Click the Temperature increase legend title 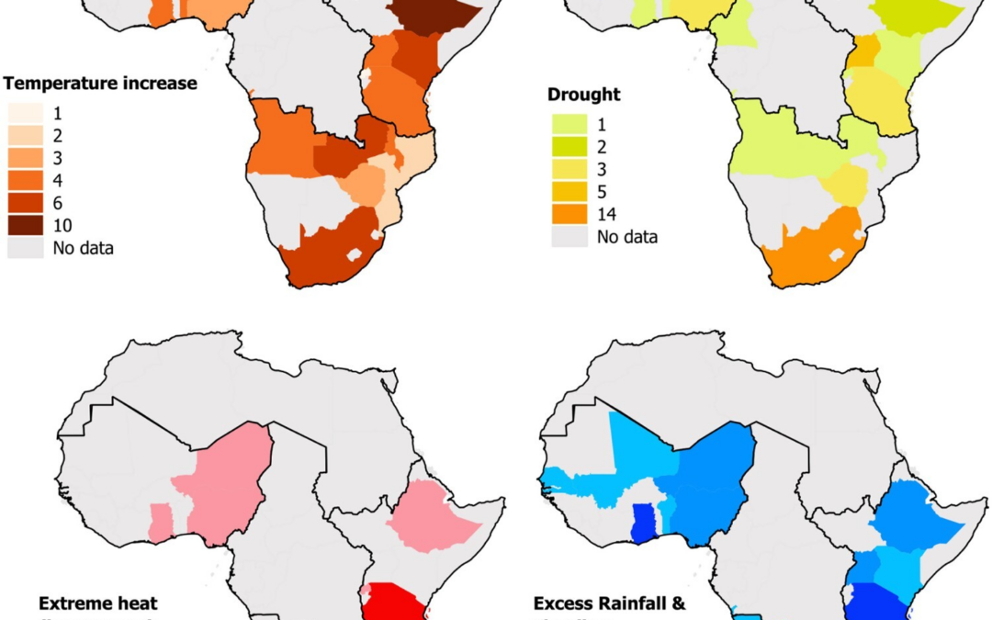101,84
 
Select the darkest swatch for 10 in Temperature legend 25,225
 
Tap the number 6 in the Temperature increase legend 58,203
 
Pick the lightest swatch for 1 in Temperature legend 25,115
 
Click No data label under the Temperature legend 84,247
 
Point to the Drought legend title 583,94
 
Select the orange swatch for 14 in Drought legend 567,215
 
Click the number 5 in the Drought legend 603,192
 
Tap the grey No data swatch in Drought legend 567,237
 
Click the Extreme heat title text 97,603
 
